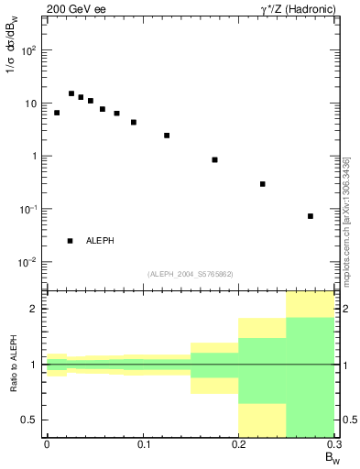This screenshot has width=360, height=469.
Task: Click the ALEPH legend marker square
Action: point(70,240)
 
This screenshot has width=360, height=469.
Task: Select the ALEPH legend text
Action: point(100,240)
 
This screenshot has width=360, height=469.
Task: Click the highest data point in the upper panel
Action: point(71,93)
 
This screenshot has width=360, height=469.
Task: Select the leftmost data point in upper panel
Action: point(57,113)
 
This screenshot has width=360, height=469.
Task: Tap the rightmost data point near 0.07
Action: point(311,216)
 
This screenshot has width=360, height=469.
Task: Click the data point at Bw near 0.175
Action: point(214,159)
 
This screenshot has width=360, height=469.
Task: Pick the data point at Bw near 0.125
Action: point(167,136)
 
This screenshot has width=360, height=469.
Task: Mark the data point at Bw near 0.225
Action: point(262,184)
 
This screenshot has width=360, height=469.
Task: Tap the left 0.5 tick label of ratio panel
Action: point(32,420)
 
